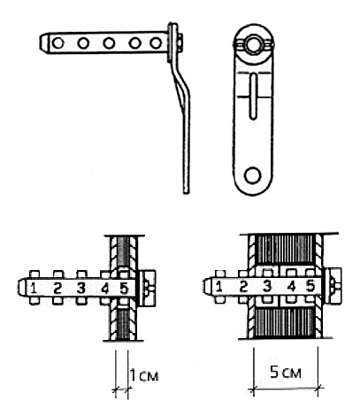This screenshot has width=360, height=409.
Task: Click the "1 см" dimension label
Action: point(144,375)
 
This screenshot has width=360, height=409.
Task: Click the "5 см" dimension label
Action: point(286,373)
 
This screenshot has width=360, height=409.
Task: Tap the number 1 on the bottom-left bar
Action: point(34,288)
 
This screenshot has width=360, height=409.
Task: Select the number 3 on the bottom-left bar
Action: point(80,288)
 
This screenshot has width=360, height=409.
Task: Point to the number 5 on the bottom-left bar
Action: point(124,288)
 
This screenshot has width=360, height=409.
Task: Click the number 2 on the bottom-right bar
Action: point(243,286)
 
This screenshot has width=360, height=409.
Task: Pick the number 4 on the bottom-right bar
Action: point(291,286)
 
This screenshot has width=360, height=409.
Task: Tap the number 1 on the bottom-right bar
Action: point(218,286)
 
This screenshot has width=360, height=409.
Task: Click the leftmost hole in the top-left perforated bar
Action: point(57,43)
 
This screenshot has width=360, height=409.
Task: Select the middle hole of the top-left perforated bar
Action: point(109,43)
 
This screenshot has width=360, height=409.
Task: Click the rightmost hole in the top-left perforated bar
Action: point(156,43)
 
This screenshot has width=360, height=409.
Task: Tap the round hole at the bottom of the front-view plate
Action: point(253,175)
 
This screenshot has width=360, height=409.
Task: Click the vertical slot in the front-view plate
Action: point(253,96)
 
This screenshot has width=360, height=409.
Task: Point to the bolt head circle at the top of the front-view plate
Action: point(253,45)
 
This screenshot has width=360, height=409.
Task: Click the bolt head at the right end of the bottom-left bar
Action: point(147,288)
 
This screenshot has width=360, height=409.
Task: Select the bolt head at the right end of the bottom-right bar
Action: point(333,286)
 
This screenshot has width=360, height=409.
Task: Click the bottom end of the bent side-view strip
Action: point(186,193)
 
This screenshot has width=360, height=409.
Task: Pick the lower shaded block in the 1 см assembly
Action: point(123,324)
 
